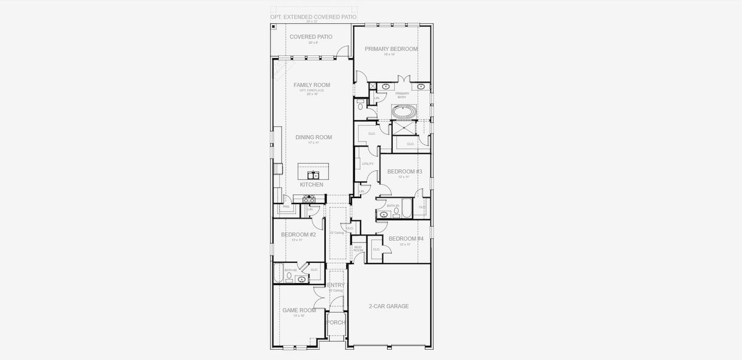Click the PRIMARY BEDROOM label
[391, 49]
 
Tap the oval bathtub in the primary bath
[402, 111]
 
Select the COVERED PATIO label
[311, 37]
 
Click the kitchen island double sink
[313, 175]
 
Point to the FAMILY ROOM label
[311, 85]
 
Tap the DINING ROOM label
[313, 137]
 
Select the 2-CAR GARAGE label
[389, 306]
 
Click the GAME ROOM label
[299, 310]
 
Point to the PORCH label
[336, 322]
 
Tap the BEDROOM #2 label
[298, 235]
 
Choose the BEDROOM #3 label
[404, 172]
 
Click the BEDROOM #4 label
[405, 239]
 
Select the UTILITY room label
[368, 164]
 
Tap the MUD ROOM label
[358, 248]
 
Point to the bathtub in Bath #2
[278, 274]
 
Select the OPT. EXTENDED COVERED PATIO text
[313, 17]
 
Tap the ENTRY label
[336, 285]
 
